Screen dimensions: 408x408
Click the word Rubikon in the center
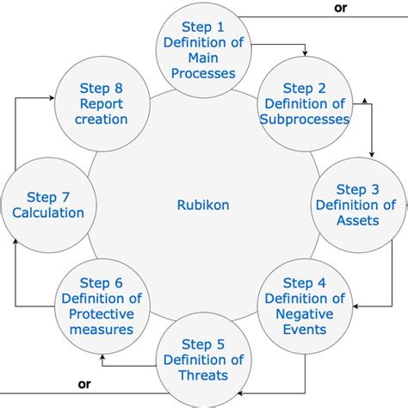click(203, 205)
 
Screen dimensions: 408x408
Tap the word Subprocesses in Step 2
click(305, 120)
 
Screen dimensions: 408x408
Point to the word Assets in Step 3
click(355, 220)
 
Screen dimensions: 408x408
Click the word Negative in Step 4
click(304, 314)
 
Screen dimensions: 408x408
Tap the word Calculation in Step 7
click(48, 213)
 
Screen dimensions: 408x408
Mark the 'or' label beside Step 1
click(340, 8)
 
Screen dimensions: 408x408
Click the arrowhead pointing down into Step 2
click(304, 57)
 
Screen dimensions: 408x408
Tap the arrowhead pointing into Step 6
click(102, 354)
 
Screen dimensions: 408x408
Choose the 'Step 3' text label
click(356, 189)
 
